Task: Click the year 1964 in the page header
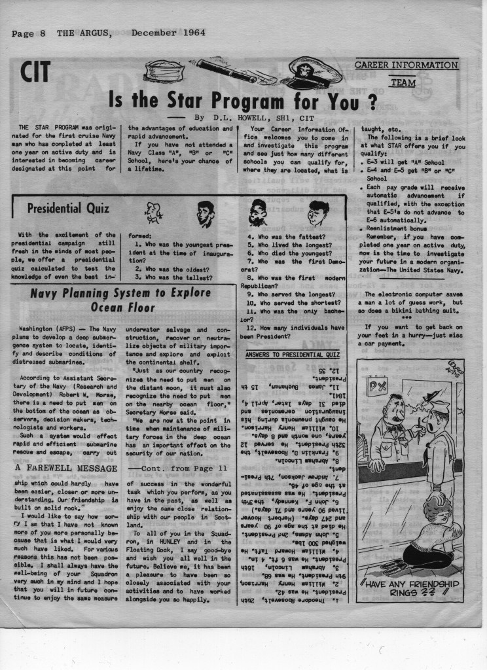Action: tap(190, 32)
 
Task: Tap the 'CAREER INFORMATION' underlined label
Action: tap(406, 65)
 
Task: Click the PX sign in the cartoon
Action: tap(376, 387)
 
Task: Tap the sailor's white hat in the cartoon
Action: tap(440, 408)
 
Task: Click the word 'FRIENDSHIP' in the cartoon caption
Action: tap(426, 583)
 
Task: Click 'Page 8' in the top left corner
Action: tap(27, 33)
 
